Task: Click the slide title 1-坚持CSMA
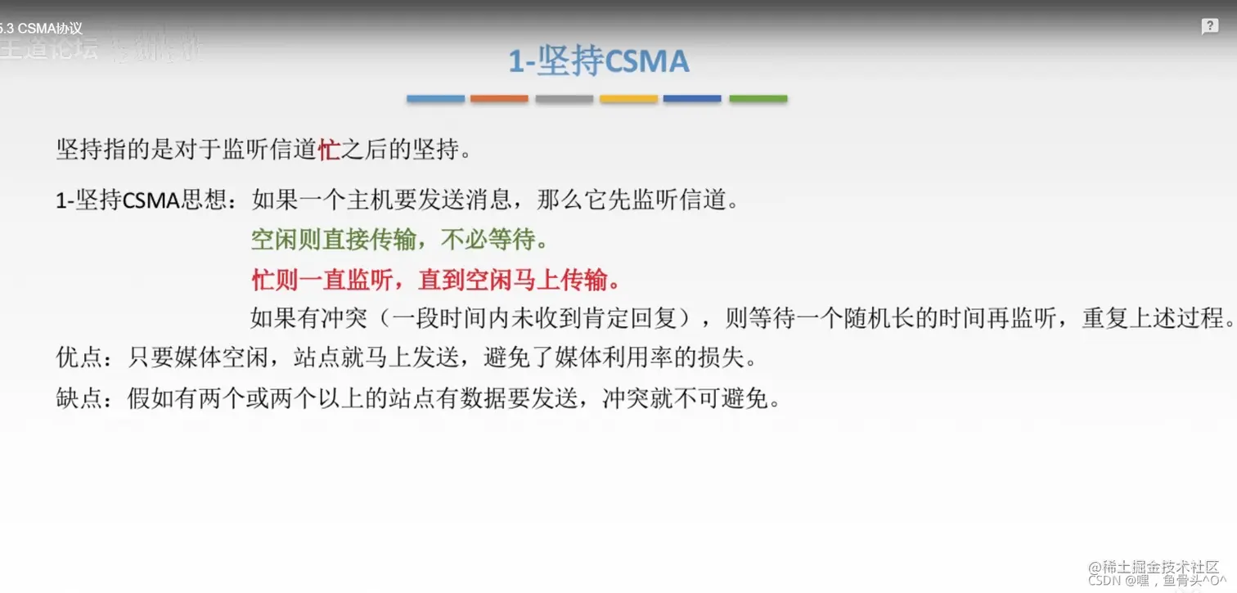(599, 62)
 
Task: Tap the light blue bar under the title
(435, 99)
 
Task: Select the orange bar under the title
(499, 99)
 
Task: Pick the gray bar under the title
(565, 99)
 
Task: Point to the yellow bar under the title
(628, 99)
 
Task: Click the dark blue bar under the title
(692, 99)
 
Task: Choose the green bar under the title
(758, 99)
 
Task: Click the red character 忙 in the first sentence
(329, 150)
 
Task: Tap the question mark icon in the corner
(1210, 27)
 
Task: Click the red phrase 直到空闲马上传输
(519, 281)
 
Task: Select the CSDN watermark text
(1104, 580)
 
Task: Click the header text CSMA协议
(49, 29)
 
